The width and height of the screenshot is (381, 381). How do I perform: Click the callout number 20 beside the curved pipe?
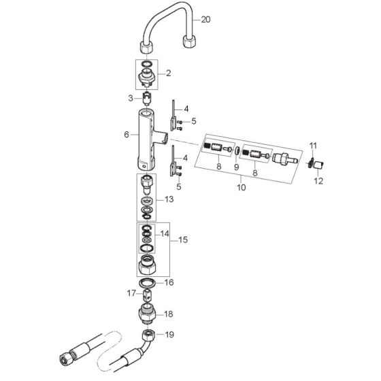(205, 20)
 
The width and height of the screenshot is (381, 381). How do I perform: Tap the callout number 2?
(169, 73)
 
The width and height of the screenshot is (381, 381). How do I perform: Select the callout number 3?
(131, 99)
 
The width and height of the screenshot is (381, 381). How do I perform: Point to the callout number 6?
(127, 135)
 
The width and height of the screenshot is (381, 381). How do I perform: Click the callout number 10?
(242, 187)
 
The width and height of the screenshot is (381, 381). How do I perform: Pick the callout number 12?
(318, 181)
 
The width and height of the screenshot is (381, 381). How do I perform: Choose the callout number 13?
(169, 199)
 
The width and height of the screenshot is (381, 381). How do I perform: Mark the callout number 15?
(183, 239)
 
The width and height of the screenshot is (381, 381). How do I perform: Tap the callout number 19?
(169, 335)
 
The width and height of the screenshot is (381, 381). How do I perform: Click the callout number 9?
(236, 167)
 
